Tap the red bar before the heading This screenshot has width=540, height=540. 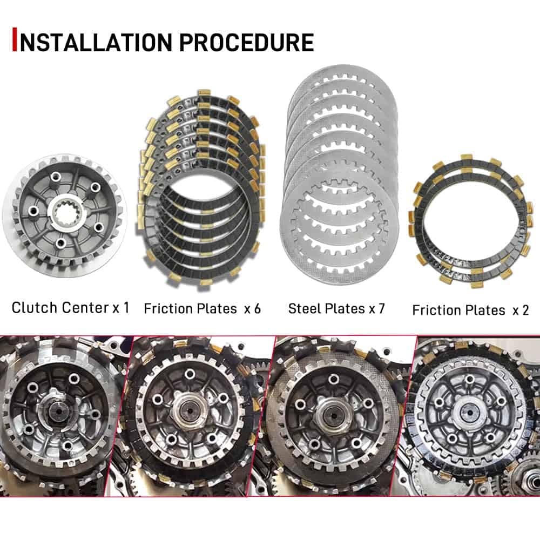(14, 39)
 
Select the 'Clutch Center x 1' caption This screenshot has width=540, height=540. (71, 308)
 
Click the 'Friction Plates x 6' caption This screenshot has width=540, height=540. (202, 308)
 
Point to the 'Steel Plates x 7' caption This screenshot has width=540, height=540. (336, 308)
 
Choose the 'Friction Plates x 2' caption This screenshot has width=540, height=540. (470, 310)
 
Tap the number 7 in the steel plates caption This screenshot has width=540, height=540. (382, 308)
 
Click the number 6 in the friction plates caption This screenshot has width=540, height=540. (258, 308)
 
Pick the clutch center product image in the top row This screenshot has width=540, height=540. (64, 216)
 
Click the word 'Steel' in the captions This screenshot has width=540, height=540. (303, 308)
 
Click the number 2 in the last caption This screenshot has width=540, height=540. (525, 310)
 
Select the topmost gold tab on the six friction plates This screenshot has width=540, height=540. (204, 93)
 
